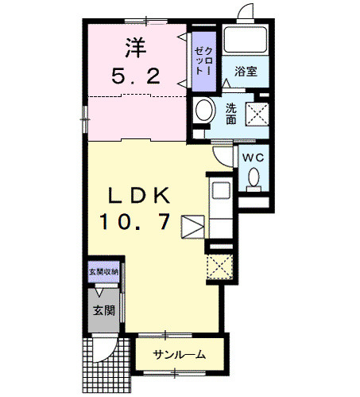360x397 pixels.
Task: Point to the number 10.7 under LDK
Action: point(135,222)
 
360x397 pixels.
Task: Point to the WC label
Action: point(253,158)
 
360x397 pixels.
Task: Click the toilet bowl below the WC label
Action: point(253,181)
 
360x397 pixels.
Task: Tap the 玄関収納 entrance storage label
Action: point(103,272)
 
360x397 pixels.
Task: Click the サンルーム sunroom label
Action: point(180,355)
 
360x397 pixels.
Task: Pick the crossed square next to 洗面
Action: point(257,113)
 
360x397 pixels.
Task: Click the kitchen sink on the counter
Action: point(218,192)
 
